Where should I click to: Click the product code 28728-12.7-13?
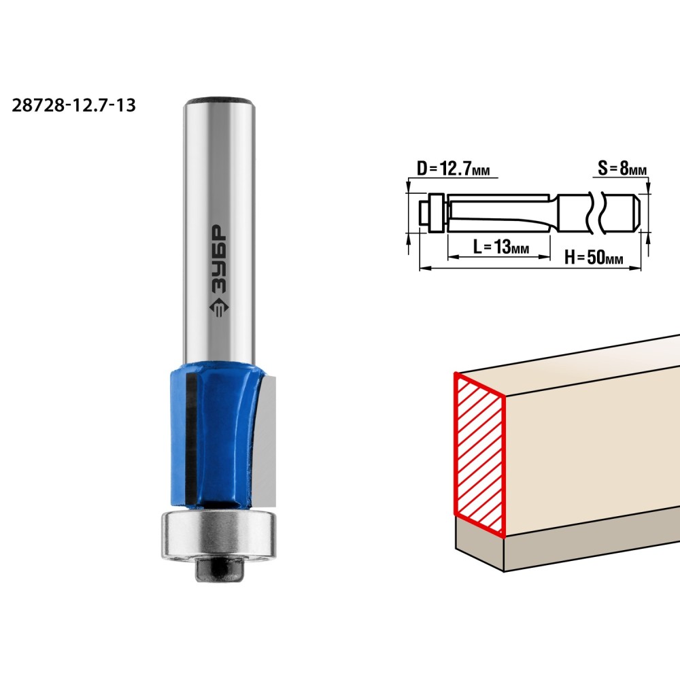coord(73,105)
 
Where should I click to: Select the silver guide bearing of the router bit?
coord(218,534)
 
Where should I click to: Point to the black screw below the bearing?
coord(218,568)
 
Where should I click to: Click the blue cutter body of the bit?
coord(217,435)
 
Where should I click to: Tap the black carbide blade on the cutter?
coord(190,439)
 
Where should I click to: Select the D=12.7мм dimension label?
coord(453,168)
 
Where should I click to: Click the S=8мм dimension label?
coord(622,168)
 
